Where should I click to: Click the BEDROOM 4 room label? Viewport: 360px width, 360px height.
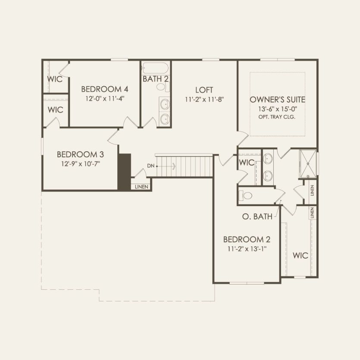(x=105, y=89)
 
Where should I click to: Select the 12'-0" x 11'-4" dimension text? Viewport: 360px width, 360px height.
(x=105, y=98)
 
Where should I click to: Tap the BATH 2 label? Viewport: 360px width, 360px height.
(x=156, y=79)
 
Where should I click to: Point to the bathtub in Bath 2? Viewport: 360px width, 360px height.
(x=156, y=68)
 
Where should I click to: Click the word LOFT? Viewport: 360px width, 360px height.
(x=204, y=90)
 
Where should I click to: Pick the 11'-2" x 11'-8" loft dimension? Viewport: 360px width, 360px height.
(x=204, y=99)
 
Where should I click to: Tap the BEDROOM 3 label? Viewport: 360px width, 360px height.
(x=80, y=154)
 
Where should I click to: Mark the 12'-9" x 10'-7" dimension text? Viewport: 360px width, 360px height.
(x=80, y=163)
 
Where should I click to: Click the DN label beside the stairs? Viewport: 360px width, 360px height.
(x=150, y=166)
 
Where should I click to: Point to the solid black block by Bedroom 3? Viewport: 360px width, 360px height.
(x=124, y=171)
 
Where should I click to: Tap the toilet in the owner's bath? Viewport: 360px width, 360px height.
(x=247, y=196)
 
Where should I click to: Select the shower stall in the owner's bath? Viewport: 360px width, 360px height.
(x=307, y=163)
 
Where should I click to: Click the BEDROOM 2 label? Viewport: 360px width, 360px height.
(x=247, y=239)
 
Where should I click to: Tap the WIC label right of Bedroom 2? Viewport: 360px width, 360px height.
(x=300, y=255)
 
